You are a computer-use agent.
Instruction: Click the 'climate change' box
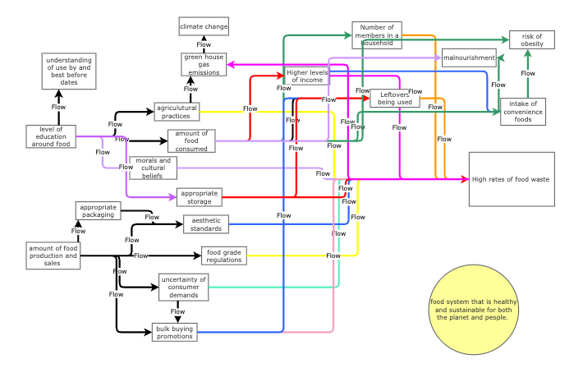[204, 26]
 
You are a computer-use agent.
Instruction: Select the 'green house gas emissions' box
[204, 65]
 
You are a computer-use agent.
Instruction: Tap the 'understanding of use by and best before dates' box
[69, 71]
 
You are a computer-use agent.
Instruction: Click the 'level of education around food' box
[51, 136]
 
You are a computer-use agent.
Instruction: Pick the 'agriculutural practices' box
[177, 112]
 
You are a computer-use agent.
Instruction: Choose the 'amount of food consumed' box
[191, 141]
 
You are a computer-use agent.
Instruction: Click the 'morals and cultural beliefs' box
[153, 168]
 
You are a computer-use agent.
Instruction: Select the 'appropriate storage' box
[200, 197]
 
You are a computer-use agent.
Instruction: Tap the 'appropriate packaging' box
[99, 211]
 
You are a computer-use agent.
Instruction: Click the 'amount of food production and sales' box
[53, 256]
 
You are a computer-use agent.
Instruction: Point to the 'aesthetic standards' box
[206, 224]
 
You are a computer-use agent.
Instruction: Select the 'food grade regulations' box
[224, 256]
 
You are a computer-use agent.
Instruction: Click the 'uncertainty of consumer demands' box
[183, 287]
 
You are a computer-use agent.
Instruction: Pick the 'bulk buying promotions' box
[175, 332]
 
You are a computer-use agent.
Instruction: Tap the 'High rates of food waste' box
[512, 179]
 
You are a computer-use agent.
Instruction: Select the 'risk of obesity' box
[531, 39]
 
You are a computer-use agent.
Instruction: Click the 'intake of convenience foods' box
[523, 112]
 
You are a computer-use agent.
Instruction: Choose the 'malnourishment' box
[469, 58]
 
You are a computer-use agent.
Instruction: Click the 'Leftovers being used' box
[395, 99]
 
